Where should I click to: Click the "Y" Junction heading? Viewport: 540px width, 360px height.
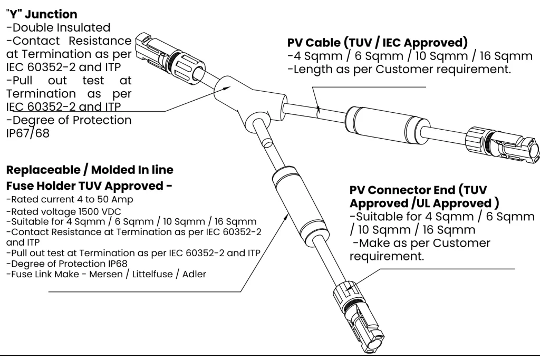(x=41, y=14)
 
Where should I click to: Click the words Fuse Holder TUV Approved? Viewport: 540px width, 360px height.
(x=84, y=186)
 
